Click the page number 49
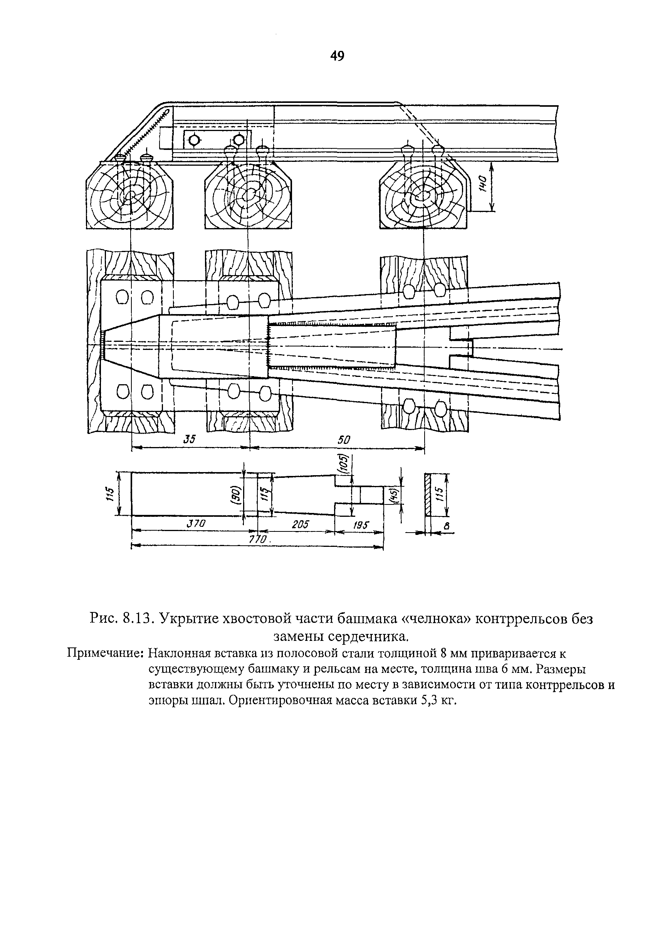point(337,56)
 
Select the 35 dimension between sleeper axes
point(190,439)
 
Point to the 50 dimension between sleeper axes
point(343,439)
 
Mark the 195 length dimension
point(360,525)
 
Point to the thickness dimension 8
point(447,526)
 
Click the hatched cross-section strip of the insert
point(428,494)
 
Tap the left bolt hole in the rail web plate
point(194,140)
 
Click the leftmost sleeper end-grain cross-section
point(129,195)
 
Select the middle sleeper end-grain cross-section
point(248,195)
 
